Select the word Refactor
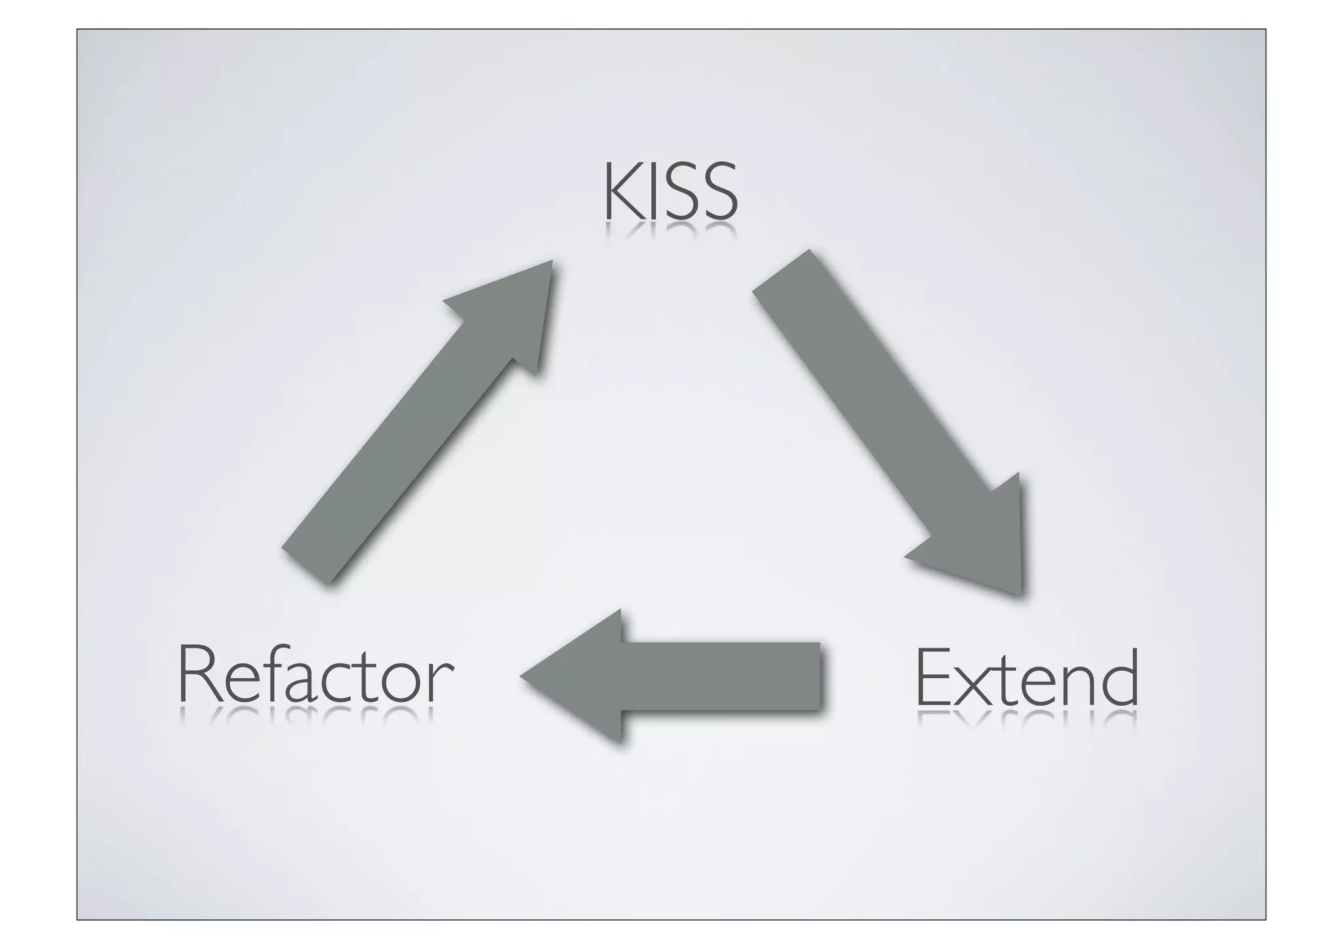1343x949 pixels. (315, 675)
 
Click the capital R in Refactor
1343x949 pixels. (196, 675)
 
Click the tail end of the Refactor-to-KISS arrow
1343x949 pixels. (305, 565)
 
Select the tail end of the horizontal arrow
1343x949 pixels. (818, 676)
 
